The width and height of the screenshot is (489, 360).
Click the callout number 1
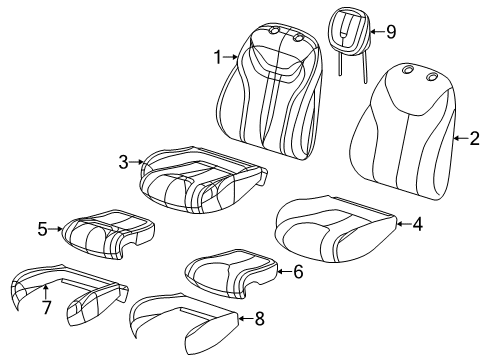click(217, 58)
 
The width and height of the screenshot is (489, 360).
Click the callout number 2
click(473, 139)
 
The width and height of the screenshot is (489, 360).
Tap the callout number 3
click(123, 161)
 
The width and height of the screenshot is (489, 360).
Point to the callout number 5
click(42, 229)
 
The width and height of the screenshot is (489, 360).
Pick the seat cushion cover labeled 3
click(200, 180)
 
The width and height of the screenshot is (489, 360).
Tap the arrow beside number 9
click(375, 31)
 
